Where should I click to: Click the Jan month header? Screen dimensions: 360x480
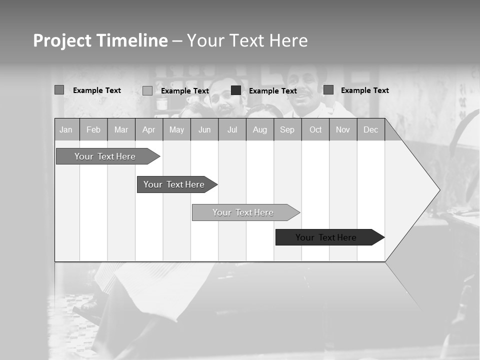click(x=66, y=130)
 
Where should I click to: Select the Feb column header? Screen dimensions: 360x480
click(x=93, y=130)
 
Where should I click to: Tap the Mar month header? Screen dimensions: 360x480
click(x=121, y=130)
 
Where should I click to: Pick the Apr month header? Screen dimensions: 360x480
click(x=148, y=130)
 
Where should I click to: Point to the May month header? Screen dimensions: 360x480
click(x=176, y=130)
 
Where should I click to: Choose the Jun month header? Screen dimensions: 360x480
click(x=204, y=130)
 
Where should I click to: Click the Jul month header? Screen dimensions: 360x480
click(x=232, y=130)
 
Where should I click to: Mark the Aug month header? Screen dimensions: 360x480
click(x=260, y=130)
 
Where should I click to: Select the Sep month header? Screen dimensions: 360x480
click(x=287, y=130)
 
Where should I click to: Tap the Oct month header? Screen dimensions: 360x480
click(x=315, y=130)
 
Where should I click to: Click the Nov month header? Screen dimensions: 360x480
click(x=343, y=130)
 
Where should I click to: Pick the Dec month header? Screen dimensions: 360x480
click(x=371, y=130)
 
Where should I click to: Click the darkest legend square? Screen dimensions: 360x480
click(x=236, y=90)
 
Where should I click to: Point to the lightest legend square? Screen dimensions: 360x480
click(x=147, y=90)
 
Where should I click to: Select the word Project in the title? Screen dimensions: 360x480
click(x=62, y=40)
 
